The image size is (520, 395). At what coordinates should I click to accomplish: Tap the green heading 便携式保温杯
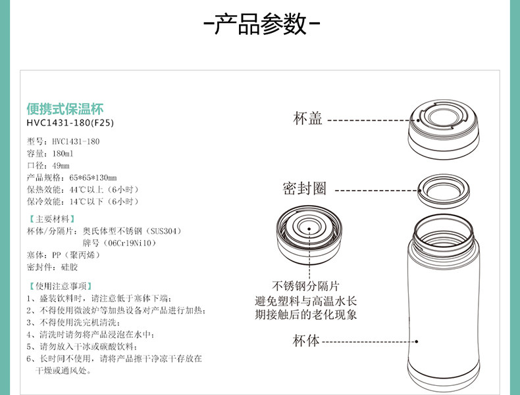(x=65, y=108)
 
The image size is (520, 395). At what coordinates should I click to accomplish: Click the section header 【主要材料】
(x=51, y=219)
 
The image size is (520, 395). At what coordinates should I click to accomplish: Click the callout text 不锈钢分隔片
(x=306, y=286)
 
